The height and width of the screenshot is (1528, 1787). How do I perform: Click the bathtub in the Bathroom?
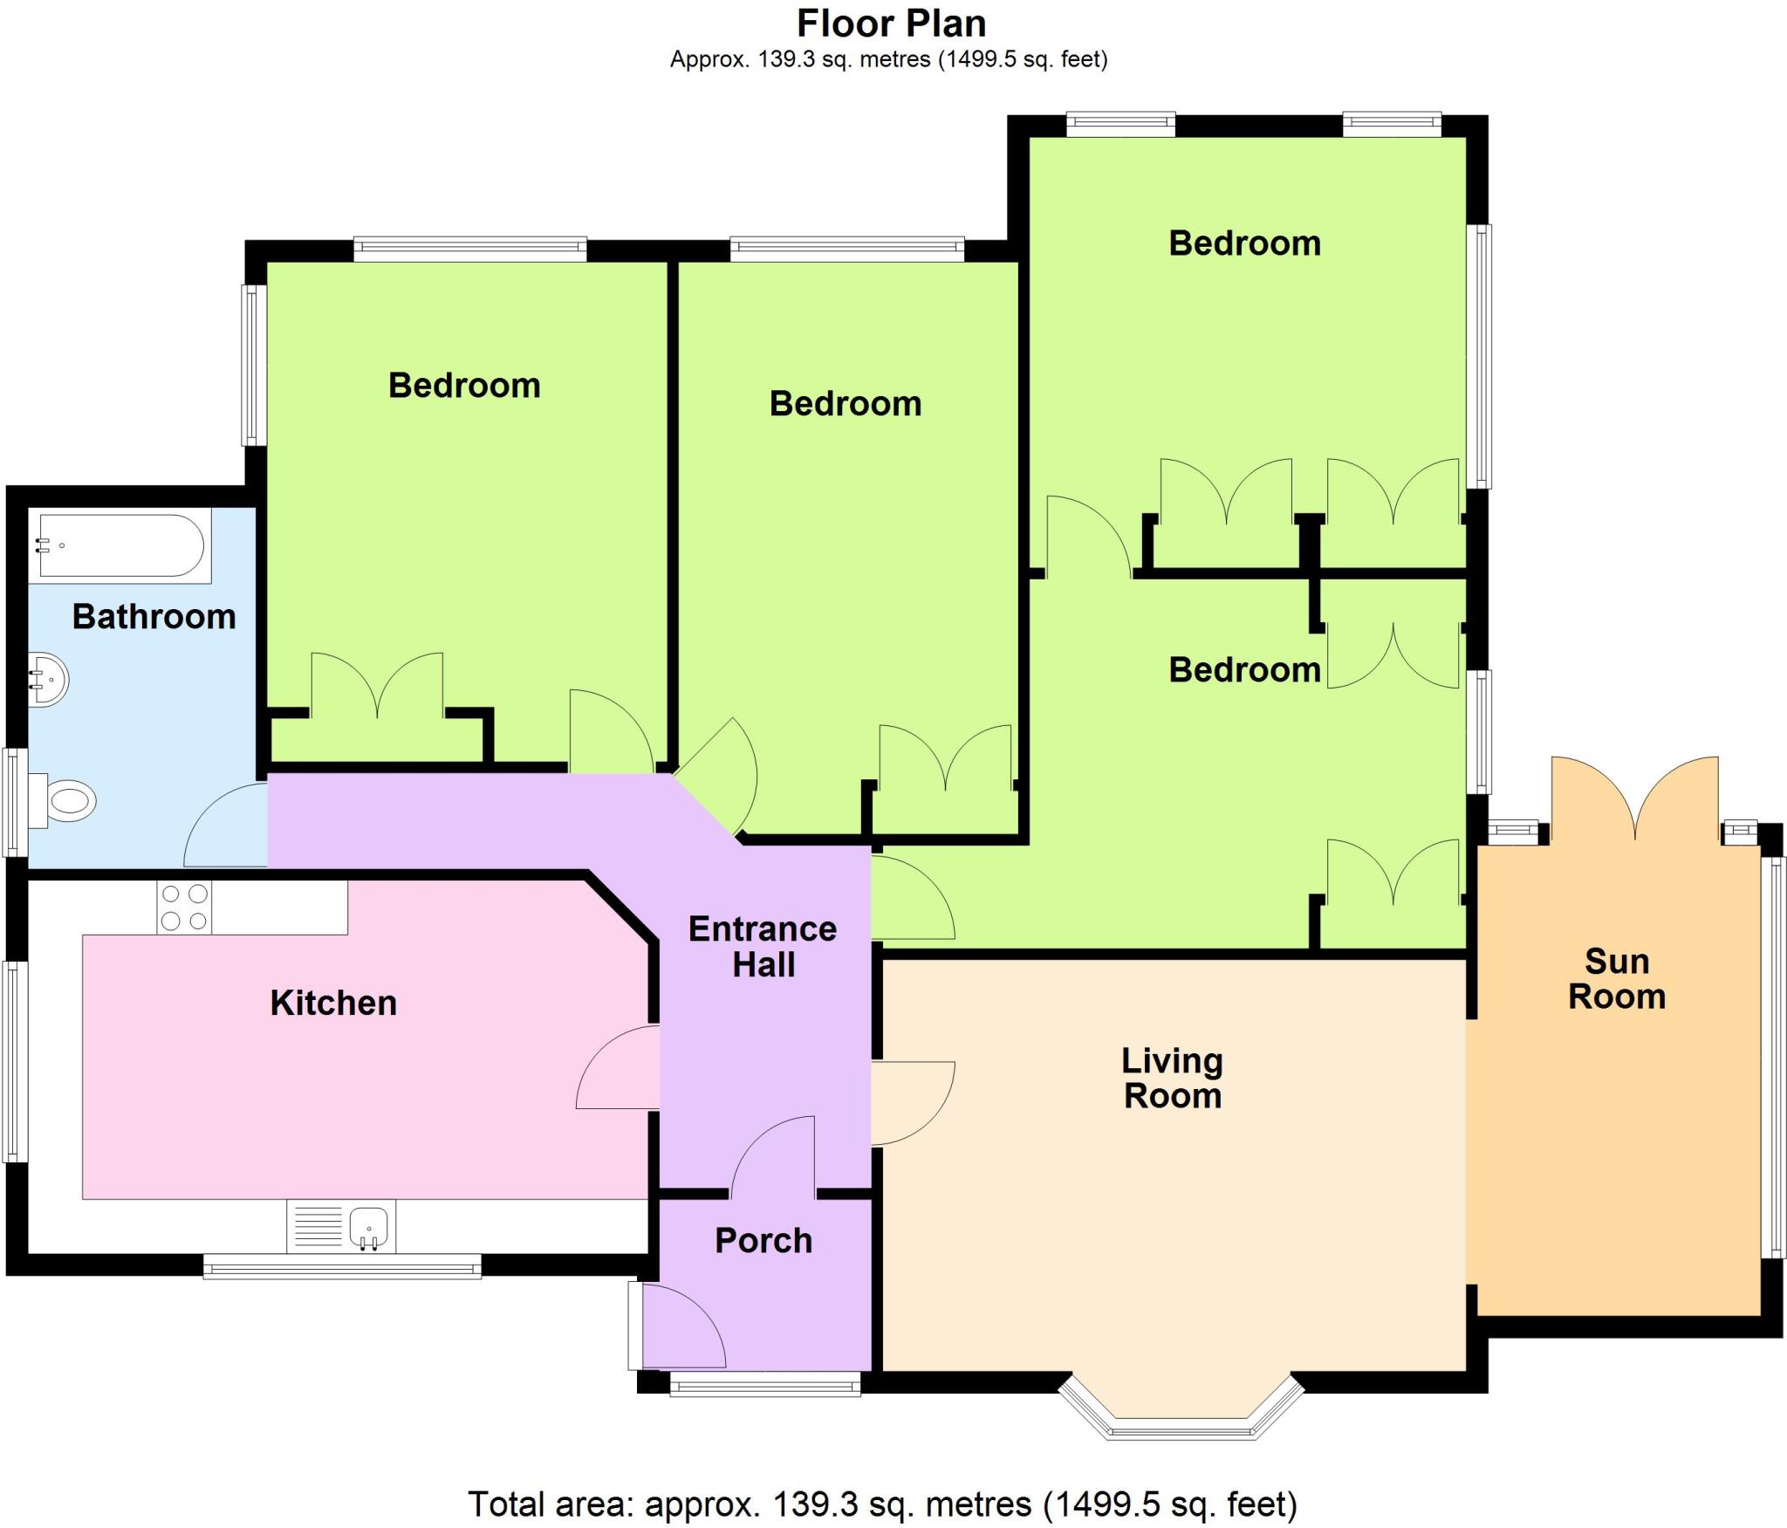120,545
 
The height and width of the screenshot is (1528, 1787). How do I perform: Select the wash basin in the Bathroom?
49,680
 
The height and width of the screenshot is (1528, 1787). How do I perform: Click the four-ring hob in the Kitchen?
184,908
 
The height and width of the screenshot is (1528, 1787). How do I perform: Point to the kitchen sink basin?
369,1226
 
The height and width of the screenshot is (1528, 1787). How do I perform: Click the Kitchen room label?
333,1004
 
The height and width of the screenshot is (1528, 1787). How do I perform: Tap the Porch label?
763,1241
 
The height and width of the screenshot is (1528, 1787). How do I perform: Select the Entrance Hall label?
763,947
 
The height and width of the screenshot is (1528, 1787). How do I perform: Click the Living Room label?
1172,1079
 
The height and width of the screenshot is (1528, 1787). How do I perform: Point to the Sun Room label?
1617,979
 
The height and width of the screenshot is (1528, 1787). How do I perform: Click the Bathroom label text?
154,617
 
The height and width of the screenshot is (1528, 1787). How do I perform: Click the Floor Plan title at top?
891,24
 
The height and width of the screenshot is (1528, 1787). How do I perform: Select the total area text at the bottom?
882,1504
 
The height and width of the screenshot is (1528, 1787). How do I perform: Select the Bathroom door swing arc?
225,826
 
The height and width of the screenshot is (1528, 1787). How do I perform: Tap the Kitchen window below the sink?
342,1266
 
